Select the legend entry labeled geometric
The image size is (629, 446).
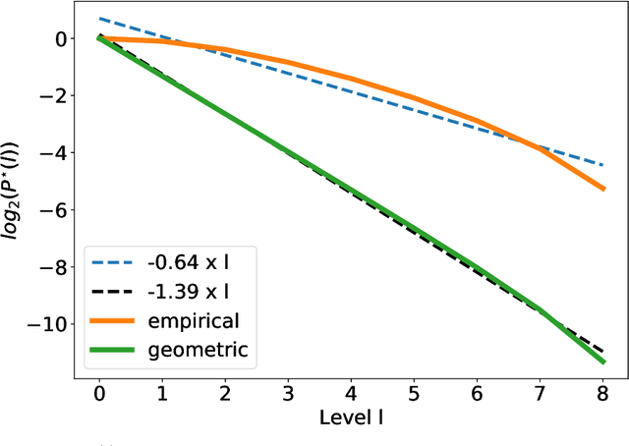pos(199,349)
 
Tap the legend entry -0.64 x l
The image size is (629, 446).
pos(193,262)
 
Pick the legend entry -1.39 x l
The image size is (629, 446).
pos(193,291)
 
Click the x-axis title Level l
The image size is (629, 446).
pos(351,418)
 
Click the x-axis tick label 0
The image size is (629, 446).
pos(99,394)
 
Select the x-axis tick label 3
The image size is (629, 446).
pos(288,394)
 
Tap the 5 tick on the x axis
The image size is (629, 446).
pos(414,394)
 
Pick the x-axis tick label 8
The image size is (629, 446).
pos(602,394)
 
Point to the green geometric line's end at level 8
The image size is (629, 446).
pos(602,362)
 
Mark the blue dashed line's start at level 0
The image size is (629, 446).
pos(99,19)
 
